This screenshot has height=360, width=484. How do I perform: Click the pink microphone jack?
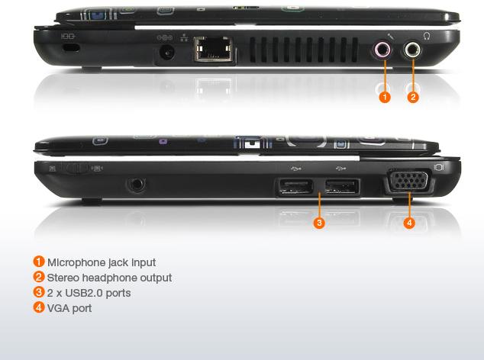(x=382, y=50)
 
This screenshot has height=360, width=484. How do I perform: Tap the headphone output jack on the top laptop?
(x=412, y=50)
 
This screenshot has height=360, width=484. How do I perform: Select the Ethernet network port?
(x=213, y=49)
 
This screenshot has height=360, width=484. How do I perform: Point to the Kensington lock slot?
(x=71, y=48)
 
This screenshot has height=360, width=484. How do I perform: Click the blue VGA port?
(x=409, y=181)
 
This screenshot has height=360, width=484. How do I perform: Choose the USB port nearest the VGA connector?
(x=342, y=187)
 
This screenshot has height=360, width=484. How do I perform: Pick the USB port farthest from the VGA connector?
(x=295, y=187)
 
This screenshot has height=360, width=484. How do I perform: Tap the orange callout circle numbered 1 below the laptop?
(x=385, y=97)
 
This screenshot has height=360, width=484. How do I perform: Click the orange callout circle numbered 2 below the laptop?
(x=413, y=97)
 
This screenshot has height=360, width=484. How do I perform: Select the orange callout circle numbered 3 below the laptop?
(x=319, y=223)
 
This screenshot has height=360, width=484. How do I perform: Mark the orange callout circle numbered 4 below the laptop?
(x=409, y=223)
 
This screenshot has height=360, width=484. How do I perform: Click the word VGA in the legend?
(x=58, y=308)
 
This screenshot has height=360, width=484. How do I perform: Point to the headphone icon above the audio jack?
(x=427, y=36)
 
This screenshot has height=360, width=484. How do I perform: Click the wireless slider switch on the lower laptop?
(x=74, y=168)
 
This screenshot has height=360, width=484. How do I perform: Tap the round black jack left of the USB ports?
(x=136, y=185)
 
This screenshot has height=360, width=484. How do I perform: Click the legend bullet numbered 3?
(x=39, y=292)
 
